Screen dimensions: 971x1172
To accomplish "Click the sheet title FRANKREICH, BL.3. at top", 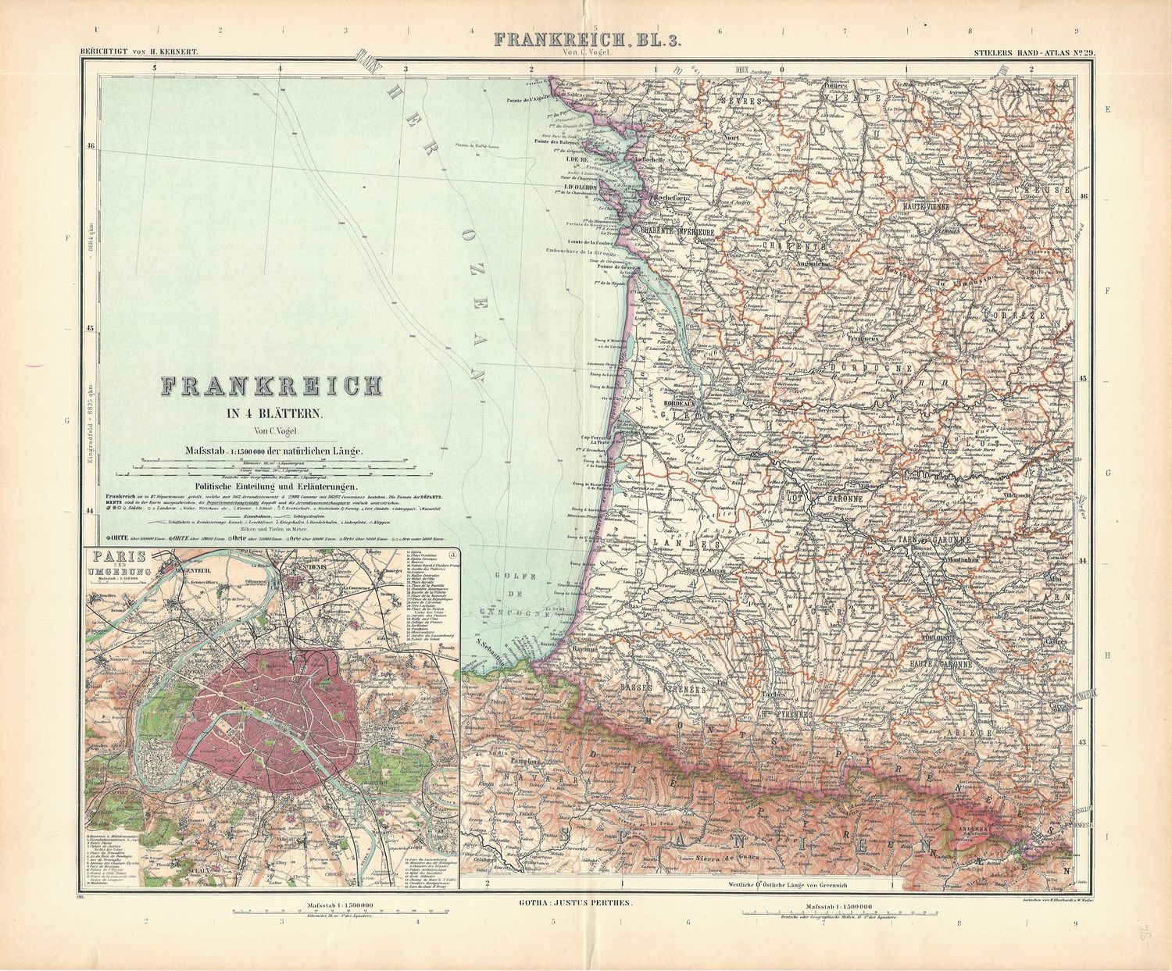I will click(585, 40).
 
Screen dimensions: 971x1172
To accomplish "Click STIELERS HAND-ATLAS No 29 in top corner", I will click(1031, 54).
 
